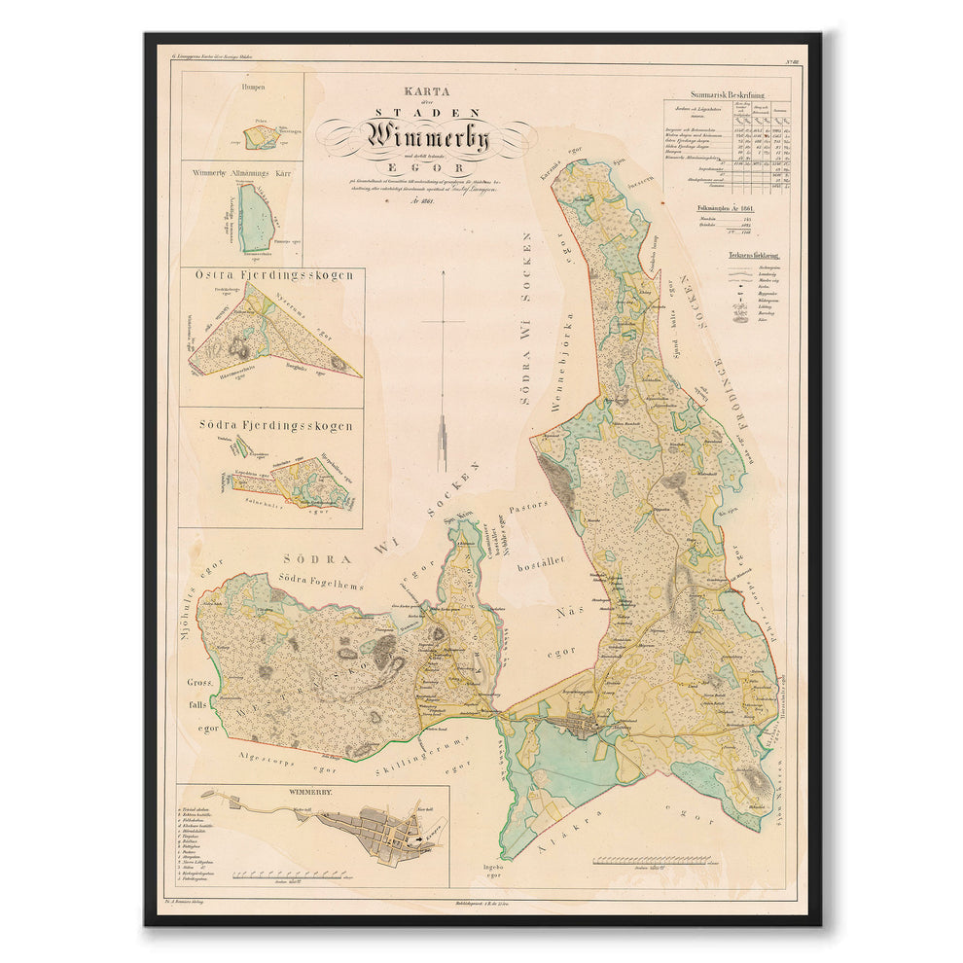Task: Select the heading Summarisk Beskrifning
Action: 726,94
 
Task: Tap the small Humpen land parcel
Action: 260,140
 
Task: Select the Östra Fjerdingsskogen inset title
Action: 273,275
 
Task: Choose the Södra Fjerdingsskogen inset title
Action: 271,425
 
